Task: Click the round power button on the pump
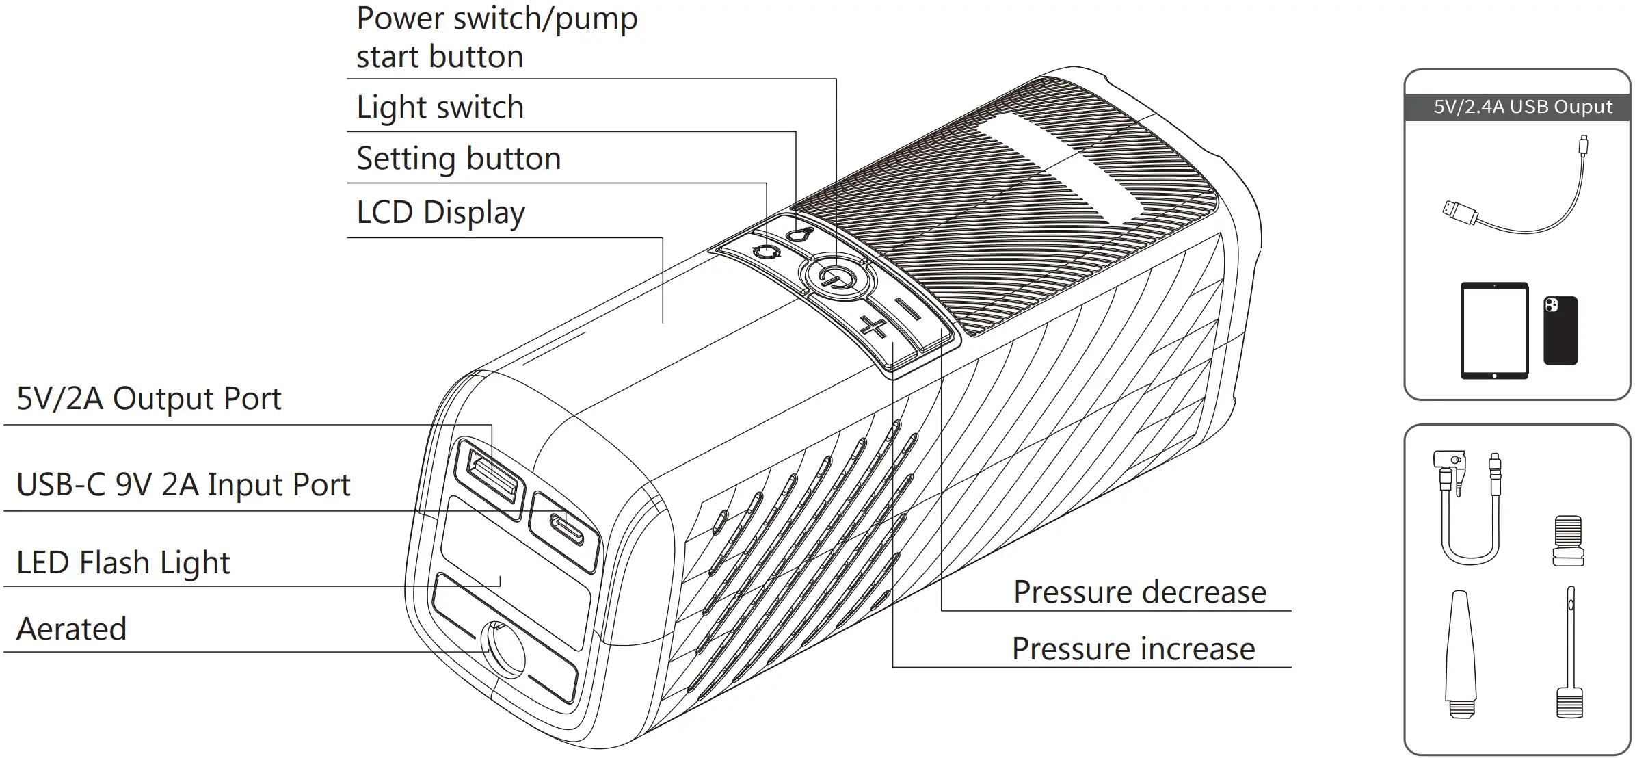(837, 278)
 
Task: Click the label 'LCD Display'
(440, 213)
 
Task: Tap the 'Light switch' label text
(440, 107)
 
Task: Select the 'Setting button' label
(458, 159)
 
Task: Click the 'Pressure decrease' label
(1139, 592)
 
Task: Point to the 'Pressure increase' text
(1133, 649)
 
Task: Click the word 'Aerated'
(72, 629)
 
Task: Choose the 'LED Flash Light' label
(123, 563)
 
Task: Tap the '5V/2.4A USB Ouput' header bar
(1517, 107)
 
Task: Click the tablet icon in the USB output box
(1493, 330)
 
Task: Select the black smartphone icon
(1560, 330)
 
